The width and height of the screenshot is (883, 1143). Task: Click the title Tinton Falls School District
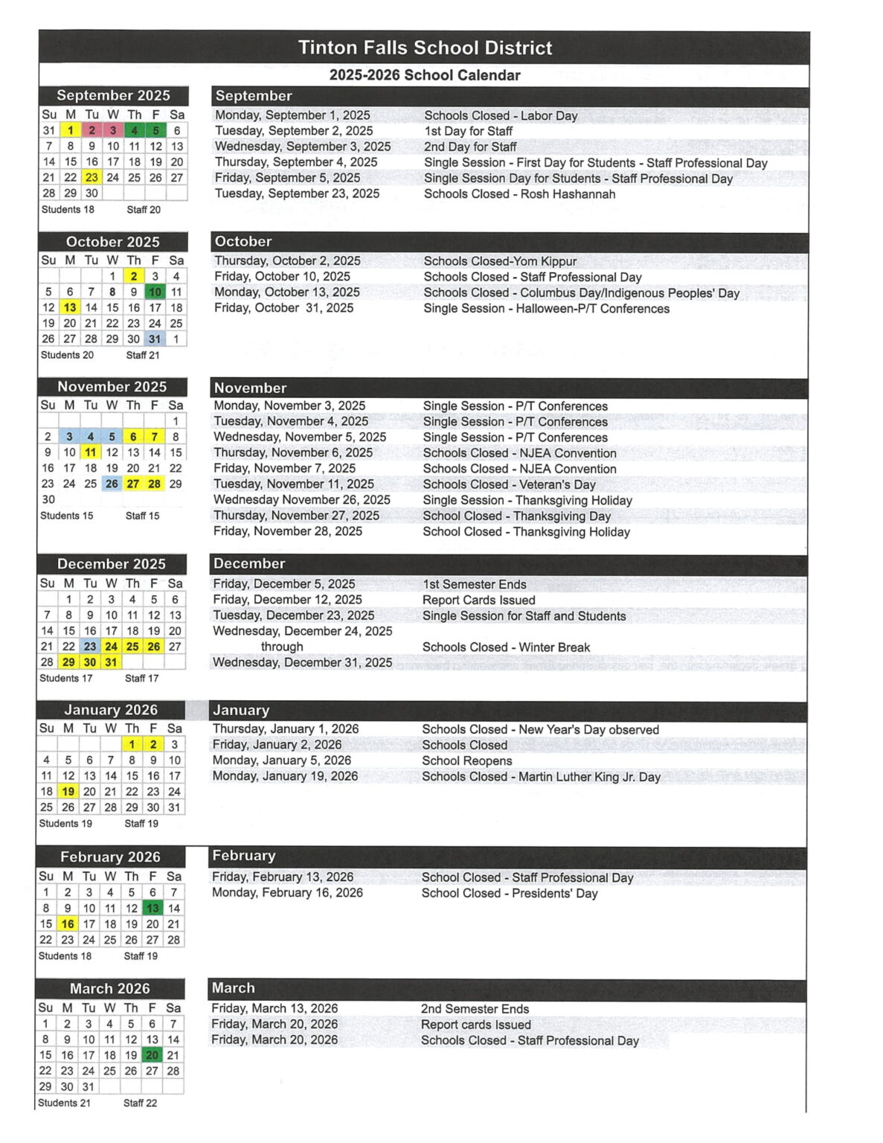pyautogui.click(x=425, y=48)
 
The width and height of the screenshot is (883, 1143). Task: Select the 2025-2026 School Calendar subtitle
pyautogui.click(x=425, y=75)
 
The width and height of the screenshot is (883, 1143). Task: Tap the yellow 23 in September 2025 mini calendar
pyautogui.click(x=91, y=178)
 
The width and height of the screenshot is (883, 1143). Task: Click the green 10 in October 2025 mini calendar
pyautogui.click(x=155, y=292)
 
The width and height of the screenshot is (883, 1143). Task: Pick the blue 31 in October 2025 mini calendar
pyautogui.click(x=155, y=339)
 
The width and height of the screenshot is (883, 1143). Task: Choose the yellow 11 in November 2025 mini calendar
pyautogui.click(x=91, y=452)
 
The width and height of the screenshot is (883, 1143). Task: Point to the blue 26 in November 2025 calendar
pyautogui.click(x=112, y=484)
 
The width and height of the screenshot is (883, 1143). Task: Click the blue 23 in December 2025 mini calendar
pyautogui.click(x=90, y=647)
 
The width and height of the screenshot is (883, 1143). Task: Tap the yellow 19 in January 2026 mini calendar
pyautogui.click(x=68, y=792)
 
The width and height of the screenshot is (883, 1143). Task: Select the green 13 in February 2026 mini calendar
pyautogui.click(x=152, y=908)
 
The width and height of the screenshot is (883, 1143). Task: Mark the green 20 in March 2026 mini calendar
pyautogui.click(x=152, y=1055)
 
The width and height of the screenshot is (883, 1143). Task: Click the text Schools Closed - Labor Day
pyautogui.click(x=501, y=116)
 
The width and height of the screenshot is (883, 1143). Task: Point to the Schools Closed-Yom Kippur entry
pyautogui.click(x=500, y=261)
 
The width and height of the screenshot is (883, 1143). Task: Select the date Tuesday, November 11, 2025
pyautogui.click(x=294, y=484)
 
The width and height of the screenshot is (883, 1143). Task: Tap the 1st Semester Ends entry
pyautogui.click(x=474, y=585)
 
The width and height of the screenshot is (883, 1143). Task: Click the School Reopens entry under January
pyautogui.click(x=466, y=761)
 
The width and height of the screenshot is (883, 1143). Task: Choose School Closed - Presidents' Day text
pyautogui.click(x=510, y=894)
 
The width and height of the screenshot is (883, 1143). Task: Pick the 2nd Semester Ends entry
pyautogui.click(x=475, y=1009)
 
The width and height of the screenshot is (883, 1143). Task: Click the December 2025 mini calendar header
pyautogui.click(x=112, y=564)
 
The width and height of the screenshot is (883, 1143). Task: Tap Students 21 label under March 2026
pyautogui.click(x=64, y=1103)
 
